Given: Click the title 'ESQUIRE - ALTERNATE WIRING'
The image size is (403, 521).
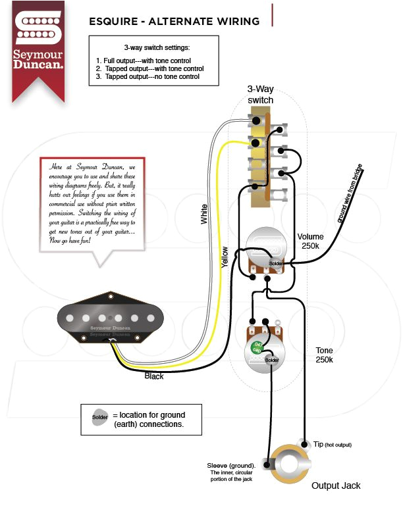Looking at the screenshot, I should [x=174, y=22].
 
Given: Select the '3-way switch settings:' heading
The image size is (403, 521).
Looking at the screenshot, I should [x=156, y=49].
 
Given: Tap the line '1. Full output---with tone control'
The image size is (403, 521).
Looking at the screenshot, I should [x=144, y=61].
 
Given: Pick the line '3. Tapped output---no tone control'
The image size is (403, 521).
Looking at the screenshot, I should [x=148, y=77].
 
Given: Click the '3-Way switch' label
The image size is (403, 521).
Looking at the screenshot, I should [x=260, y=94].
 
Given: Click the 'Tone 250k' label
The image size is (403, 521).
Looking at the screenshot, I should [x=324, y=355].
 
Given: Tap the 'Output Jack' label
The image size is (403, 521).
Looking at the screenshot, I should [x=336, y=485].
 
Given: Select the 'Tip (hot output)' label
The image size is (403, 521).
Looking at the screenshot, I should [x=331, y=445].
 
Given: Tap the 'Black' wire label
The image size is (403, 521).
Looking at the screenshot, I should [x=154, y=376].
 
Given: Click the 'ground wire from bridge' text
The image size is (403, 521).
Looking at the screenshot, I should [x=349, y=195].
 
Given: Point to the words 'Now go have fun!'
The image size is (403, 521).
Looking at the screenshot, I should [x=71, y=241].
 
